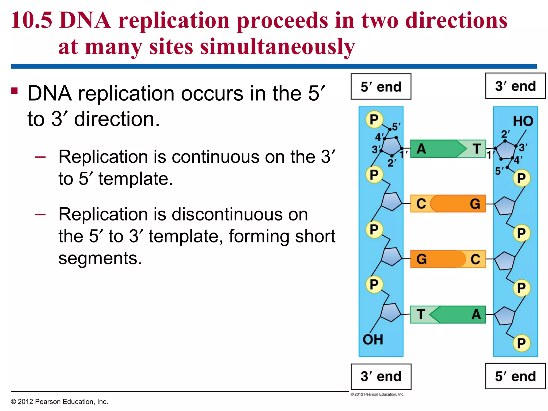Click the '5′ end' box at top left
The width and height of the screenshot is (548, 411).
[x=381, y=87]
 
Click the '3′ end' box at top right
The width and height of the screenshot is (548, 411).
[x=515, y=86]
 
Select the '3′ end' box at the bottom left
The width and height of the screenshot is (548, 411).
[x=381, y=376]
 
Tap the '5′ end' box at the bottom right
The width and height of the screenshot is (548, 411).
[x=515, y=376]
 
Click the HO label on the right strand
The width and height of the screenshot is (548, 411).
[x=523, y=121]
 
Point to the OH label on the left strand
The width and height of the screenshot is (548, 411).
[x=373, y=340]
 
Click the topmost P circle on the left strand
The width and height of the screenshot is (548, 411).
[x=374, y=119]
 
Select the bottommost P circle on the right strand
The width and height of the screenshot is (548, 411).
[x=521, y=343]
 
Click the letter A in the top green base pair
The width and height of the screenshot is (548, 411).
[x=421, y=149]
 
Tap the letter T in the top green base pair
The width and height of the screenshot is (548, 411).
[x=477, y=149]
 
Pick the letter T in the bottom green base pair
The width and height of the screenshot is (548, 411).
[x=420, y=314]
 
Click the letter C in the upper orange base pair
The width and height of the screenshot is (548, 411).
[x=421, y=204]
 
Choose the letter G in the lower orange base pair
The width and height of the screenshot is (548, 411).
[x=421, y=259]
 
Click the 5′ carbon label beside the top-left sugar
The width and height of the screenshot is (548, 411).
[x=396, y=127]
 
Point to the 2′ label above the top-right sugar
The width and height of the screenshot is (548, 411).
[x=505, y=134]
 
